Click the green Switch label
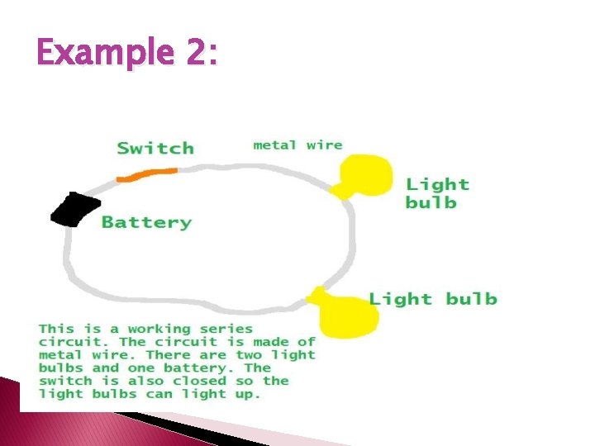[x=155, y=149]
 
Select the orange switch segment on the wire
[x=147, y=174]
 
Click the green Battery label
[x=146, y=222]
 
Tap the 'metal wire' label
[x=297, y=145]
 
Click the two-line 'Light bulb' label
[x=437, y=193]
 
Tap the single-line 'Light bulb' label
[x=433, y=298]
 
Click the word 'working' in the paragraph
[x=159, y=329]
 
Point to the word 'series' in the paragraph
[x=225, y=329]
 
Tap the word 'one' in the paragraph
[x=142, y=368]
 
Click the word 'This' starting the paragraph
[x=56, y=329]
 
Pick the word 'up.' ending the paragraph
[x=247, y=395]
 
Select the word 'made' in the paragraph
[x=263, y=342]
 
